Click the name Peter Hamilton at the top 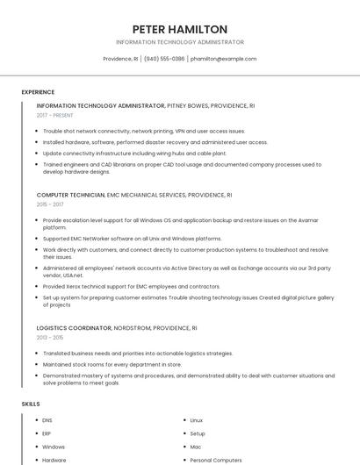tap(180, 29)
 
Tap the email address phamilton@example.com tap(223, 59)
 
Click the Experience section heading tap(38, 92)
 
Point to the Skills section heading tap(31, 404)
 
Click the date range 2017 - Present tap(55, 115)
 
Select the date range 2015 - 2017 tap(52, 204)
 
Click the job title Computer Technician tap(70, 195)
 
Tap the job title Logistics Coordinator tap(74, 327)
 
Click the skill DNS tap(47, 420)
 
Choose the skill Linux tap(197, 420)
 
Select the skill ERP tap(47, 433)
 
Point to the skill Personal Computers tap(216, 460)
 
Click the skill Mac tap(196, 447)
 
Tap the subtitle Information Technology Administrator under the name tap(180, 42)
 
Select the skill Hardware tap(54, 460)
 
